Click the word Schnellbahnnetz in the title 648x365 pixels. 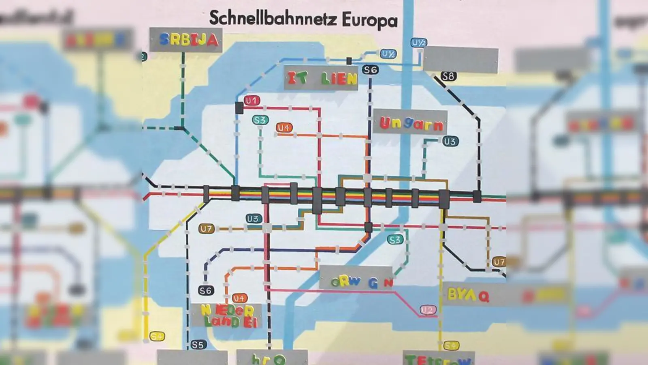273,19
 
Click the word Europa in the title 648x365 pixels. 369,20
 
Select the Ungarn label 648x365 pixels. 410,123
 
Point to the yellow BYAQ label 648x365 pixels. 468,295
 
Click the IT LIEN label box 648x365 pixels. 321,78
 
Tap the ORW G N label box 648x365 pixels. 356,280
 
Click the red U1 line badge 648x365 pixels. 252,101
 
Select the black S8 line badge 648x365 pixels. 448,76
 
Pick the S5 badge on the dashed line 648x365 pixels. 198,345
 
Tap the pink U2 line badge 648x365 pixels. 428,310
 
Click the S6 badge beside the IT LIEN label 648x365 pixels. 370,70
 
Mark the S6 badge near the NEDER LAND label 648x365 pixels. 205,290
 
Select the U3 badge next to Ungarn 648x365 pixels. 450,141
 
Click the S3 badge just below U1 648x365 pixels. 260,120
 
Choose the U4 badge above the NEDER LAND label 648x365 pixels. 239,298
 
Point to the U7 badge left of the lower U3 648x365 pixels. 206,229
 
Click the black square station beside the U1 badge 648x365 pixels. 239,108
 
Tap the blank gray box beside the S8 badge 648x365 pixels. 461,60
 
